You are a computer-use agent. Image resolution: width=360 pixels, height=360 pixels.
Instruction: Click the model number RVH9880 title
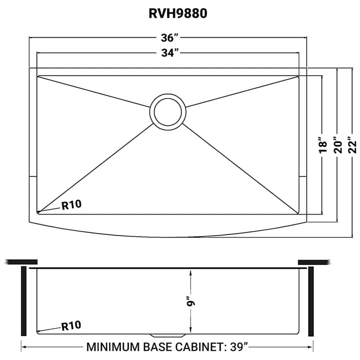tap(178, 14)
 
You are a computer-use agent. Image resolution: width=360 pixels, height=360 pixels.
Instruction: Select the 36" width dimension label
tap(168, 38)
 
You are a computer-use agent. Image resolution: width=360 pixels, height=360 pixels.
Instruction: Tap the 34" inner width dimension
tap(168, 52)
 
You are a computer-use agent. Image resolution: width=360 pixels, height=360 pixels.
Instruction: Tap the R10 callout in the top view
tap(71, 205)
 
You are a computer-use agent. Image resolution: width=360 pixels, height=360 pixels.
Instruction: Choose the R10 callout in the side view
tap(71, 326)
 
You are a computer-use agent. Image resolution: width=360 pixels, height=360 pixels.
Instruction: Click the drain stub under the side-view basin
tap(168, 334)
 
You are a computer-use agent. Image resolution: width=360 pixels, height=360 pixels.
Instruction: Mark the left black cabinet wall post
tap(24, 301)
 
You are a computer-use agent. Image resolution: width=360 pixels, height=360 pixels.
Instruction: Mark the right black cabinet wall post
tap(312, 301)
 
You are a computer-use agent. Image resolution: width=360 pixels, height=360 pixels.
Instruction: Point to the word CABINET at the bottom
tap(197, 346)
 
